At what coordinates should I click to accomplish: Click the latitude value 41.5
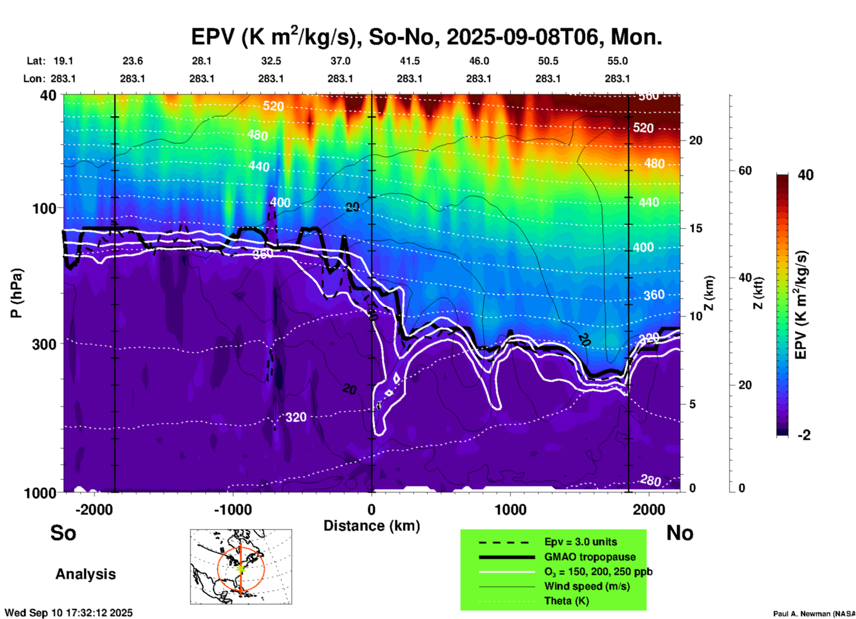pos(409,61)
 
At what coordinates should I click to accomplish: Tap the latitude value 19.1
pos(63,61)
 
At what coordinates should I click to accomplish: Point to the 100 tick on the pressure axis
pos(44,208)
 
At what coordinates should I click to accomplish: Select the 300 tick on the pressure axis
pos(44,344)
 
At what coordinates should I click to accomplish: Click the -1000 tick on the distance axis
pos(233,509)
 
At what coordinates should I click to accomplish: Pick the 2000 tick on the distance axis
pos(649,509)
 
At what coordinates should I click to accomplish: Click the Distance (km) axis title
pos(372,526)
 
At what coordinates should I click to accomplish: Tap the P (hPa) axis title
pos(16,293)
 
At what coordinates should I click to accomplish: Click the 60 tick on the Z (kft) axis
pos(745,171)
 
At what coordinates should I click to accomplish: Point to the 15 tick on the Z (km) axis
pos(696,228)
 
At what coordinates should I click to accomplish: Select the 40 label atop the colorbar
pos(805,175)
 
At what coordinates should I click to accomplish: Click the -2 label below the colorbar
pos(804,435)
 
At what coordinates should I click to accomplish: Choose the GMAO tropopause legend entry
pos(590,557)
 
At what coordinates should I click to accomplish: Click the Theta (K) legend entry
pos(566,601)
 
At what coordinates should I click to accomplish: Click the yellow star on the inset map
pos(240,568)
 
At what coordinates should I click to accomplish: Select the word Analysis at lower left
pos(85,574)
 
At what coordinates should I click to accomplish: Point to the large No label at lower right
pos(680,533)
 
